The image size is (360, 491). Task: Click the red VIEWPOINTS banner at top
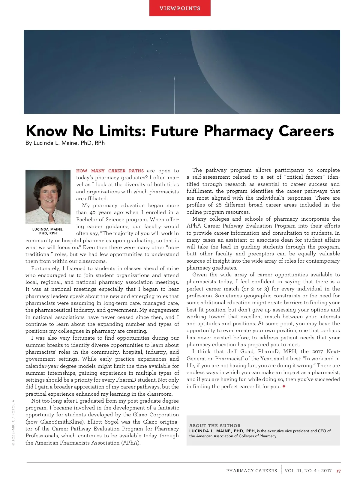[x=180, y=8]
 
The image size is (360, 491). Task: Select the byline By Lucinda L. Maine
[x=65, y=143]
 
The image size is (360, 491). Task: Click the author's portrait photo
[x=48, y=197]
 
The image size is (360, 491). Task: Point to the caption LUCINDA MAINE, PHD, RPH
[x=48, y=231]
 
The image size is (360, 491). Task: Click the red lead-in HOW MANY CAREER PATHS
[x=110, y=171]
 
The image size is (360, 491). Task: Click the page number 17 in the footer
[x=338, y=471]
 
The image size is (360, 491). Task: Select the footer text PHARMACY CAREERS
[x=251, y=471]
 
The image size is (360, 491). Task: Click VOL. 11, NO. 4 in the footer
[x=300, y=471]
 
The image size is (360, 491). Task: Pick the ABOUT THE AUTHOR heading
[x=215, y=426]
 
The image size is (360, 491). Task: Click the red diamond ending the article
[x=284, y=386]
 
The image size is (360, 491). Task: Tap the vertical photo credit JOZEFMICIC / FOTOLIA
[x=13, y=423]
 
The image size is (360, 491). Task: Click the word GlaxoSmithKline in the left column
[x=61, y=422]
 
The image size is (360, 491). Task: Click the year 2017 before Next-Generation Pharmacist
[x=317, y=351]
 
